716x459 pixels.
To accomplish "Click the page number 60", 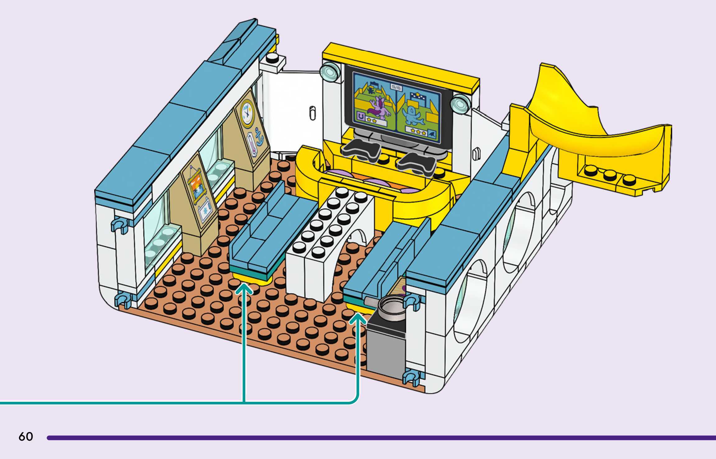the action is [25, 437].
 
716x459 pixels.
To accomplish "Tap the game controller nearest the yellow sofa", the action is [361, 149].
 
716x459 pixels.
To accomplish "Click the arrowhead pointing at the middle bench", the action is [244, 290].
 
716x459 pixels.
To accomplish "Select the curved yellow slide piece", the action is [591, 131].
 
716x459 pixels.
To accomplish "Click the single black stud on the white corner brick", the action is [272, 58].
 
